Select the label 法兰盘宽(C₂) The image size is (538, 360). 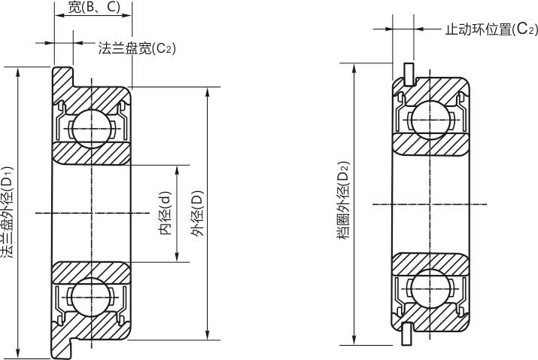pos(137,48)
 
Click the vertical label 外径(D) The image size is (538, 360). pos(197,213)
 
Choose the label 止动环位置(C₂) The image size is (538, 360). pos(491,29)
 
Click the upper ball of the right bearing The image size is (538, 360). pos(430,119)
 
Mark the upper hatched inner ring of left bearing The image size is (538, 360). pos(91,151)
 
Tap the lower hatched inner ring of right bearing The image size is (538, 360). pos(430,261)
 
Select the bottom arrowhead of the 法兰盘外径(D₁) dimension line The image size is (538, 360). pos(18,353)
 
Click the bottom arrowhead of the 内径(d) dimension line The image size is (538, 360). pos(178,258)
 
